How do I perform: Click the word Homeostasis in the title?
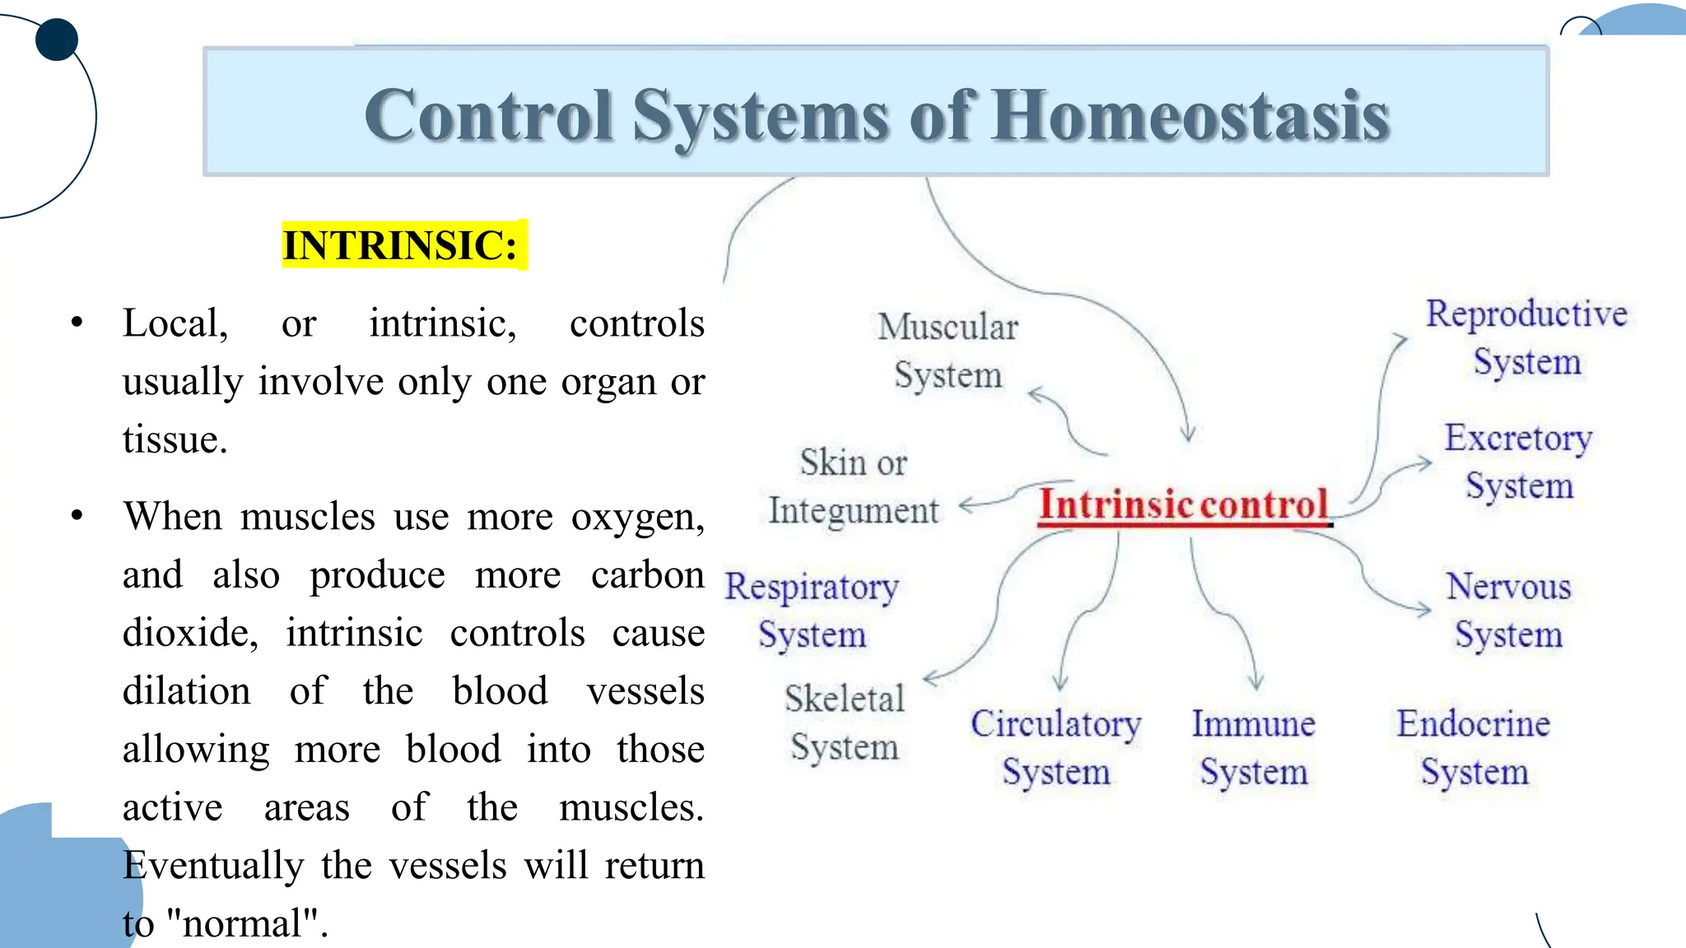coord(1190,116)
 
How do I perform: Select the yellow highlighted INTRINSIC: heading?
coord(401,245)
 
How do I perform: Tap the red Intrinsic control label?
coord(1183,504)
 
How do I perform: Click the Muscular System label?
coord(948,351)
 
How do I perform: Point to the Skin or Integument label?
coord(853,486)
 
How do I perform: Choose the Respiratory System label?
coord(812,611)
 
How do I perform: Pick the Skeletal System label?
coord(844,723)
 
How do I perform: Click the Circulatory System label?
coord(1055,747)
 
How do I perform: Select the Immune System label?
coord(1253,747)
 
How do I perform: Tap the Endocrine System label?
coord(1474,747)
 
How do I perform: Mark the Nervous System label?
coord(1508,611)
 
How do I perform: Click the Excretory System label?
coord(1518,462)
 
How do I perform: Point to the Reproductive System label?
coord(1526,337)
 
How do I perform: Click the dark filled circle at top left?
coord(57,39)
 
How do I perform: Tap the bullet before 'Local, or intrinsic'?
coord(77,323)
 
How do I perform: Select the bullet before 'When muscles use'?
coord(77,516)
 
